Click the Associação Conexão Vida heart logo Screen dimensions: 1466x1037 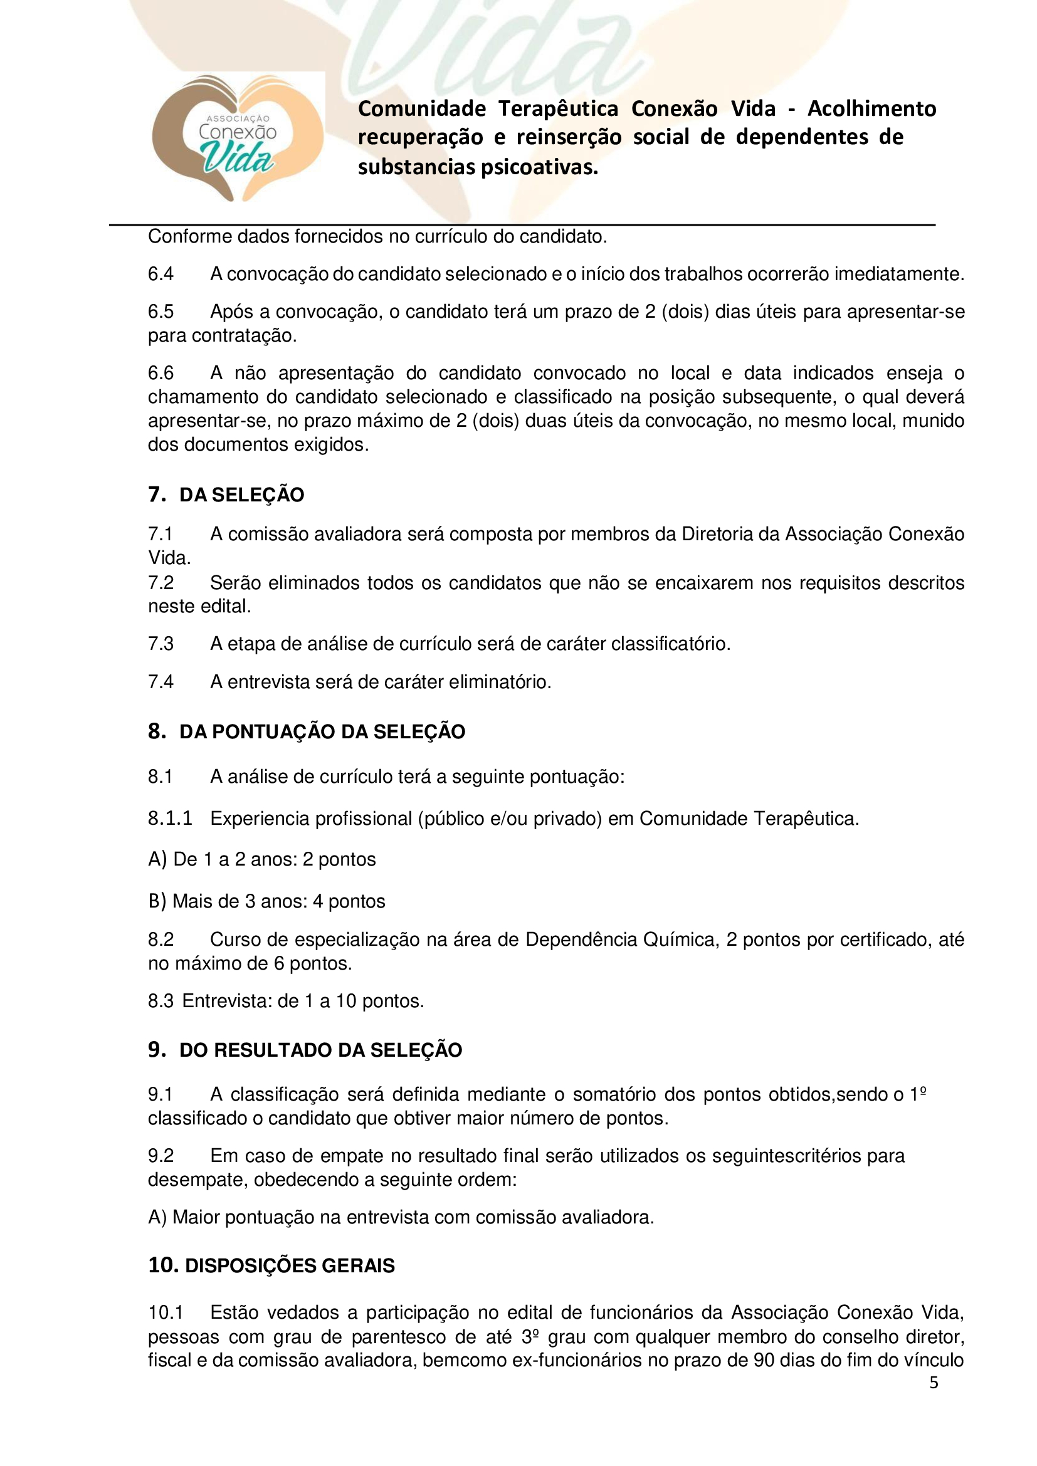point(237,138)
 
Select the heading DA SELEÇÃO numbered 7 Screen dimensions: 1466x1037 point(241,495)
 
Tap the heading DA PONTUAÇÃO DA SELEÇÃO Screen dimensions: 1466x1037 point(322,731)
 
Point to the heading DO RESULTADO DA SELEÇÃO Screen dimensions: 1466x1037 point(320,1050)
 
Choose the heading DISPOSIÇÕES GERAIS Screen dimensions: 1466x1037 point(289,1265)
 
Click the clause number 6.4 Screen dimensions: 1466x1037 point(161,274)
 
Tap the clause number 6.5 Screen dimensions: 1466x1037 point(161,312)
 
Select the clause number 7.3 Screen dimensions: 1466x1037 point(161,644)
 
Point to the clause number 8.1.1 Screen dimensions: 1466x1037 point(170,819)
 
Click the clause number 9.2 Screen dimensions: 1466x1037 point(161,1156)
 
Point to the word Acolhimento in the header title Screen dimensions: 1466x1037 point(871,108)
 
